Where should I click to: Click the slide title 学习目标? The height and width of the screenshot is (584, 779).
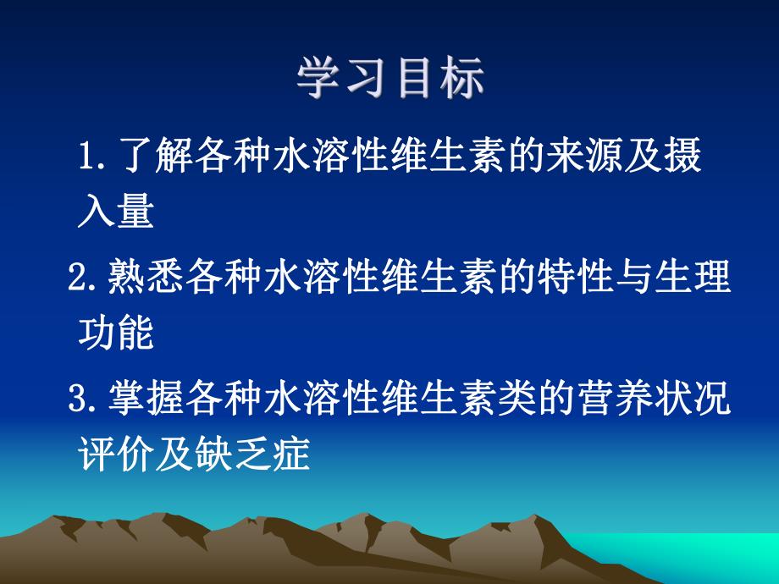390,81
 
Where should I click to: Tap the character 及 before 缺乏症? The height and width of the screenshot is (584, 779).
192,456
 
